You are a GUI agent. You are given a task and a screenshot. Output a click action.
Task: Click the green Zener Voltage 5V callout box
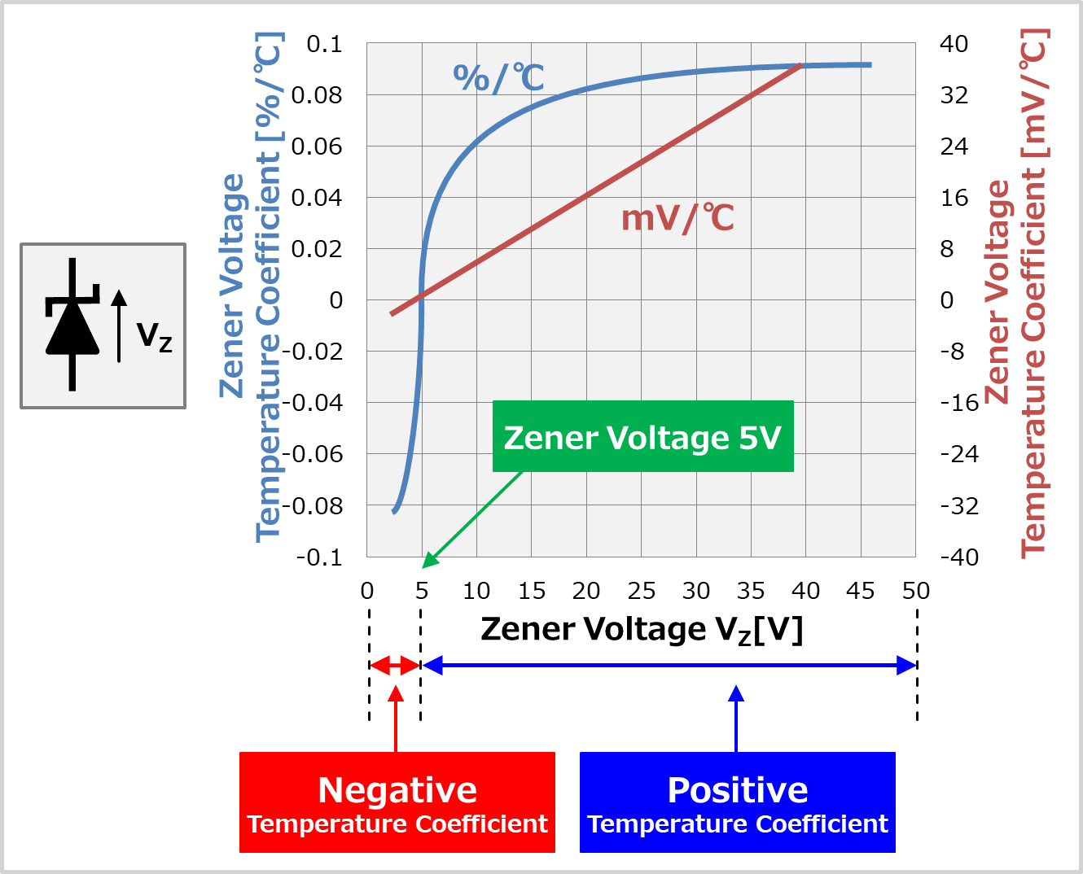642,437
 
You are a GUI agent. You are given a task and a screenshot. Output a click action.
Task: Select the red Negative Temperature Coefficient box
397,802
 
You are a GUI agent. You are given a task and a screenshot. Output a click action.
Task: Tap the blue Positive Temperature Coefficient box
737,802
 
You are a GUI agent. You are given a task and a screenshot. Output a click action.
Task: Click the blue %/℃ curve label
498,78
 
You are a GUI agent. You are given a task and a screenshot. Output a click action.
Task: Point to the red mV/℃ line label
677,218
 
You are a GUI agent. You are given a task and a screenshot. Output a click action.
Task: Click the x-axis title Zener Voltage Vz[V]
642,629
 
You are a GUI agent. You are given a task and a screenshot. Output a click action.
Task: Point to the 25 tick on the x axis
641,591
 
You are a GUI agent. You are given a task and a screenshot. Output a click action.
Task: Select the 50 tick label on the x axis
915,591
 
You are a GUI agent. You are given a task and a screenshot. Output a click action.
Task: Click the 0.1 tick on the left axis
324,44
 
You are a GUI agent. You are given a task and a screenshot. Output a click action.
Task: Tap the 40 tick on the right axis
954,44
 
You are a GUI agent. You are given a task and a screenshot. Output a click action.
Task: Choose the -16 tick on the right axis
958,403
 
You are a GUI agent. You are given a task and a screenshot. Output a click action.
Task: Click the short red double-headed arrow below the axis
395,666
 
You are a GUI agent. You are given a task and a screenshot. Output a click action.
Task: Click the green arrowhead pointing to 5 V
429,561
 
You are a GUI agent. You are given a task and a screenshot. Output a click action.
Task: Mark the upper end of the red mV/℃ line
800,66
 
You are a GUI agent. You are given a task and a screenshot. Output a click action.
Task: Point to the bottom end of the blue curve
394,511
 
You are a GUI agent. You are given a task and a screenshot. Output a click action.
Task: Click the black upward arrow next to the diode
119,326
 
